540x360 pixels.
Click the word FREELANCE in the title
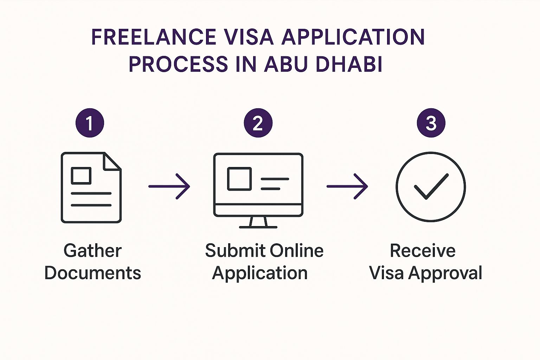pyautogui.click(x=154, y=37)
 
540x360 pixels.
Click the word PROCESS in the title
pyautogui.click(x=178, y=64)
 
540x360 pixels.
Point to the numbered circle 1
pyautogui.click(x=90, y=123)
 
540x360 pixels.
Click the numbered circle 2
pyautogui.click(x=258, y=123)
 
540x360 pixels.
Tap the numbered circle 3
pyautogui.click(x=431, y=123)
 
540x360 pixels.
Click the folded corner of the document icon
pyautogui.click(x=112, y=161)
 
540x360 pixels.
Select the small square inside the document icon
pyautogui.click(x=81, y=175)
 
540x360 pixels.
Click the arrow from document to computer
pyautogui.click(x=169, y=186)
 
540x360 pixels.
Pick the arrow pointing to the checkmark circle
pyautogui.click(x=347, y=186)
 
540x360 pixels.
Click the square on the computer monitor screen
pyautogui.click(x=239, y=179)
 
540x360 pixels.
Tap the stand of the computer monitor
pyautogui.click(x=258, y=222)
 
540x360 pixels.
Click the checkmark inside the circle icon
pyautogui.click(x=431, y=186)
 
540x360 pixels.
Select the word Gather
pyautogui.click(x=92, y=251)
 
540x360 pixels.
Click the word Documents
pyautogui.click(x=93, y=273)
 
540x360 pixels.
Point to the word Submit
pyautogui.click(x=235, y=251)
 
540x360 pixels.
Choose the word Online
pyautogui.click(x=297, y=251)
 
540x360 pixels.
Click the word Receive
pyautogui.click(x=423, y=251)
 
